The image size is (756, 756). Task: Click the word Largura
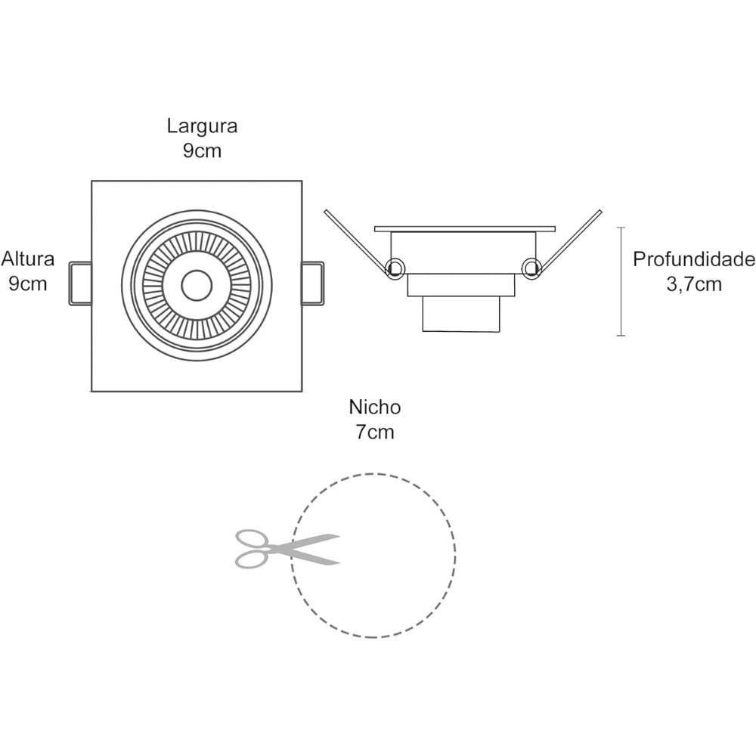click(202, 125)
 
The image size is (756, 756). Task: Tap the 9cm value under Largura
click(202, 150)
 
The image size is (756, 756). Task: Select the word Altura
click(28, 259)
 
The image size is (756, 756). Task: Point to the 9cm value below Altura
click(28, 284)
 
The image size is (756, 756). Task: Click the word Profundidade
click(693, 260)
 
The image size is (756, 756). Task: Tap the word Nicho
click(374, 407)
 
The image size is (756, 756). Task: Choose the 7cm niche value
click(374, 432)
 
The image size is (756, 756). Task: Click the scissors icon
click(286, 549)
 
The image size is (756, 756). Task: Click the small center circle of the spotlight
click(197, 285)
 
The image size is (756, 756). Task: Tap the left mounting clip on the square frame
click(80, 283)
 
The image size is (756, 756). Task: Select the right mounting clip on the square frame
click(313, 283)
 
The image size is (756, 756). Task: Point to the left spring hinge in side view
click(394, 267)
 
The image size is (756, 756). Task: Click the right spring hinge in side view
click(531, 266)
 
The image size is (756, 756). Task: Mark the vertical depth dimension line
click(621, 281)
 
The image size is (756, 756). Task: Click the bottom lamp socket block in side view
click(461, 313)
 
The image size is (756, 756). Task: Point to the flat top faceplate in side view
click(464, 228)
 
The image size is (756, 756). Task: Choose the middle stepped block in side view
click(461, 284)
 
